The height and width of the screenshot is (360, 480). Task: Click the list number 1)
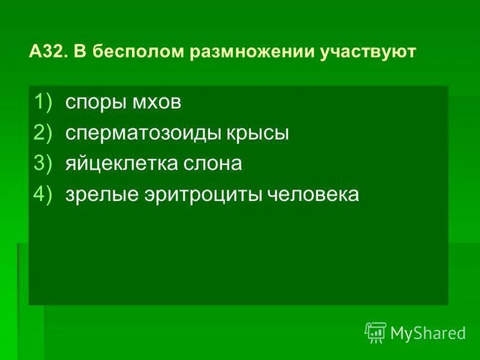coord(43,102)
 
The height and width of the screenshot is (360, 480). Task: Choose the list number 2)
coord(43,133)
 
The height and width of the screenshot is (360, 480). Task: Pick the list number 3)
coord(43,164)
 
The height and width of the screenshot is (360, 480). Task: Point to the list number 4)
coord(43,195)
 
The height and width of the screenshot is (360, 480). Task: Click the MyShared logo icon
coord(376,332)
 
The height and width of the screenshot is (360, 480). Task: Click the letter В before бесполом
coord(80,52)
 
